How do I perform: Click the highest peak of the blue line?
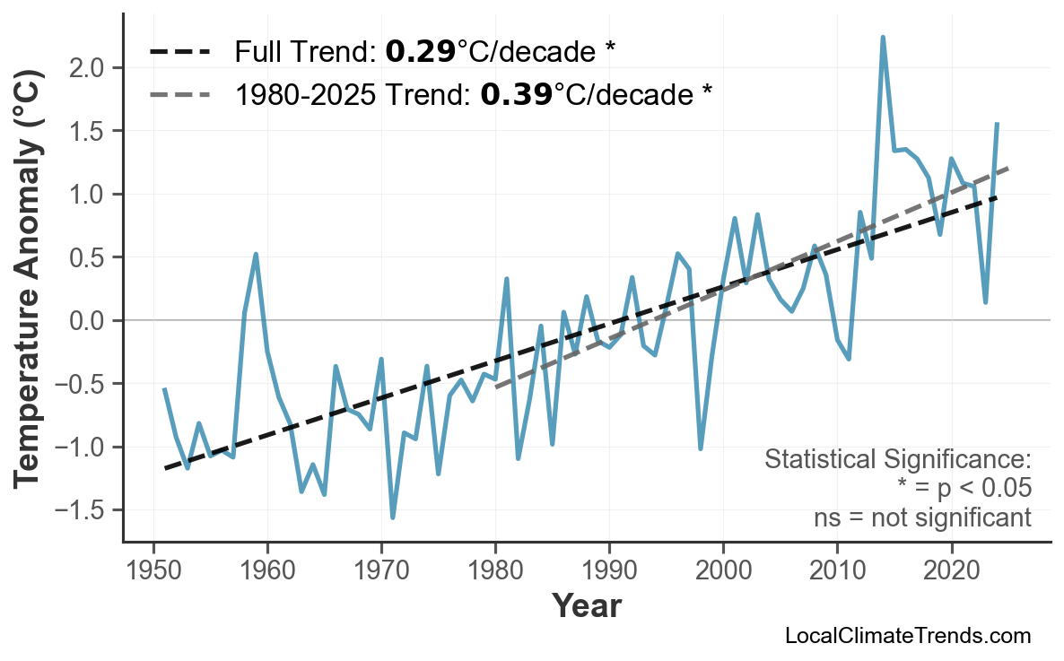coord(883,38)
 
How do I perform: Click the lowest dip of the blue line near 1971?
coord(393,517)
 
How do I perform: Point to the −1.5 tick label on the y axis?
coord(83,511)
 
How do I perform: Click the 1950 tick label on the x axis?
coord(153,572)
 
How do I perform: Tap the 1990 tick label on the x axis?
coord(609,572)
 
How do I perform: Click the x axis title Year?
coord(586,606)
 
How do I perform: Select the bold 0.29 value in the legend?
coord(420,52)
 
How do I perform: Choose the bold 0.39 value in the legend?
coord(516,92)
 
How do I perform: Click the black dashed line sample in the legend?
coord(180,52)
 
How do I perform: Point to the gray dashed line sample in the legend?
coord(180,92)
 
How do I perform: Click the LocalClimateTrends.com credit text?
coord(907,636)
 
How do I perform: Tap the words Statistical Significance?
coord(897,460)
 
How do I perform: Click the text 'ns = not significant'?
coord(921,517)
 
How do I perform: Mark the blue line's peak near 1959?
coord(256,254)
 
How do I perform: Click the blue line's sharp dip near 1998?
coord(701,448)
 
